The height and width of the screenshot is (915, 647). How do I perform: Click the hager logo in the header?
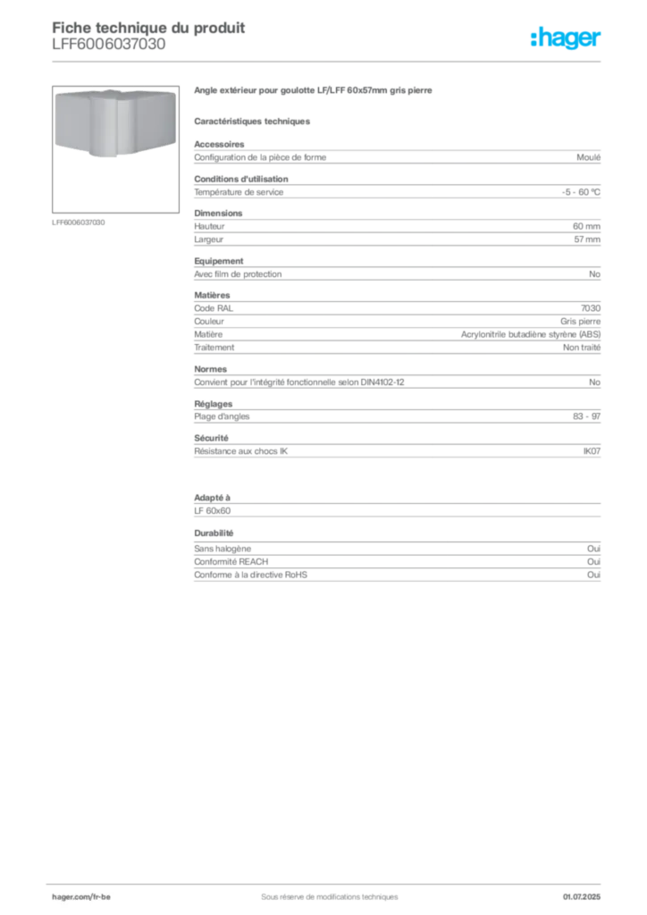point(565,38)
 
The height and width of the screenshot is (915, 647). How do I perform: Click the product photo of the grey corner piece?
point(115,122)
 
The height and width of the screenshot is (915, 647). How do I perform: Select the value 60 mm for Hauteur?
point(586,226)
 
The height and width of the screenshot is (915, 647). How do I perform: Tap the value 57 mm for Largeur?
point(587,239)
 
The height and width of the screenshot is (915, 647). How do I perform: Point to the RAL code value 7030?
point(591,308)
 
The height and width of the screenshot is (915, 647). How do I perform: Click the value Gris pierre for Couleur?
point(580,322)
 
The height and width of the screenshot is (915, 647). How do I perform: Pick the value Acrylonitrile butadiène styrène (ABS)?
point(530,334)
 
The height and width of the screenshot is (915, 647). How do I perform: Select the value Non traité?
point(581,348)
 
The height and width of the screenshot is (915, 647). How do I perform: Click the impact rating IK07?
point(592,451)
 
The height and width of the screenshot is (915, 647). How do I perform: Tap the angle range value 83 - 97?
point(586,416)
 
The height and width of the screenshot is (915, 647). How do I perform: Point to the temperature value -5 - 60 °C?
point(581,192)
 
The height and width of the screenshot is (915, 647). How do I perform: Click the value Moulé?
point(588,157)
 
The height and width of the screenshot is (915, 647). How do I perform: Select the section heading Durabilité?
point(214,533)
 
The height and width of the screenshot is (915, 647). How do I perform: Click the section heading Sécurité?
point(211,438)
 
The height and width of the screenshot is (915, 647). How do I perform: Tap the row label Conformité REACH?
point(231,562)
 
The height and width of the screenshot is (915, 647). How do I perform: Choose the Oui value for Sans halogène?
point(593,549)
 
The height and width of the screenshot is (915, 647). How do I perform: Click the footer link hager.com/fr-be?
point(81,897)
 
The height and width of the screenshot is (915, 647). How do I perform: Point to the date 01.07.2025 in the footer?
point(582,897)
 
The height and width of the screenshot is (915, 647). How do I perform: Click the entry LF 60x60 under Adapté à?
point(213,510)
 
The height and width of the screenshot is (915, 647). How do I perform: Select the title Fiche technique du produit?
point(148,28)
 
